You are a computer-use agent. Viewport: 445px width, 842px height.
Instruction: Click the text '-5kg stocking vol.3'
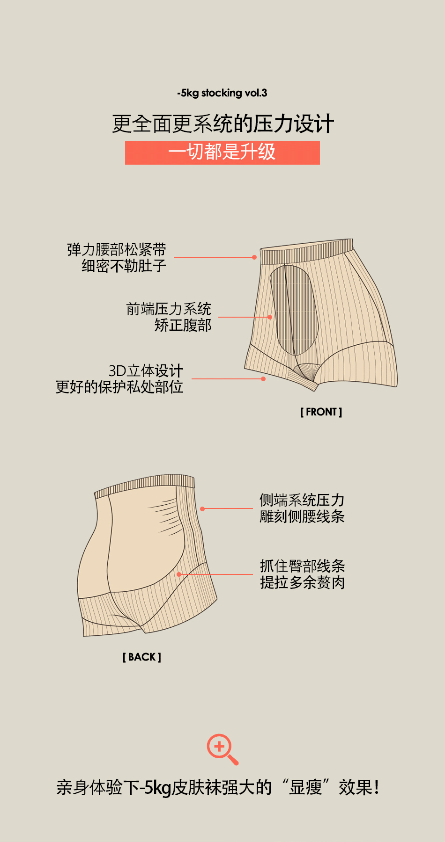tap(222, 93)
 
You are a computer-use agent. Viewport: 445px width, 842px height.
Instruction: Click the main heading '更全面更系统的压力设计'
tap(222, 124)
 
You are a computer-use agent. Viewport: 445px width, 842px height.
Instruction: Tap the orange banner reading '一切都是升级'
tap(222, 152)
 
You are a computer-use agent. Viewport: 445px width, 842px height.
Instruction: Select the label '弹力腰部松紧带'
tap(116, 249)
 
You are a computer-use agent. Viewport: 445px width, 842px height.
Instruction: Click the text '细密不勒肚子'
tap(124, 266)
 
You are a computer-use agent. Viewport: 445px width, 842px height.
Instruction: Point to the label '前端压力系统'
tap(169, 309)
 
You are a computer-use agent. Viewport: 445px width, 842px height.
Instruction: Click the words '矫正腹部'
tap(183, 325)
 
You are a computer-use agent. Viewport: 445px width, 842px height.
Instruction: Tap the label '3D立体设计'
tap(146, 371)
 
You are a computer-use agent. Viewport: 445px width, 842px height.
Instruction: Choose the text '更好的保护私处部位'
tap(119, 387)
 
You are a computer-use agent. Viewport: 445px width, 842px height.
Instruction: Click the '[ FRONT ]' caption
tap(321, 412)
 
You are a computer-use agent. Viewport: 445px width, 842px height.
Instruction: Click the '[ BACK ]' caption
tap(142, 657)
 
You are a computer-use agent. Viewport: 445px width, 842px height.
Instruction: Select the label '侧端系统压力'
tap(302, 500)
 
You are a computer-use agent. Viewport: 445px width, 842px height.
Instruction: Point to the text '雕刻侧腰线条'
tap(302, 516)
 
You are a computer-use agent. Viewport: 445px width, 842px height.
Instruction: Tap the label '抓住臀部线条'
tap(303, 566)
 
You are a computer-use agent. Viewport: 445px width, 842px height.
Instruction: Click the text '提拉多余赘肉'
tap(303, 582)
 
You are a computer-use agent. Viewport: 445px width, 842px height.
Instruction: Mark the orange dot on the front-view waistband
tap(254, 257)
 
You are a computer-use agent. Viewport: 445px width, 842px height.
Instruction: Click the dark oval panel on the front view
tap(295, 309)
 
